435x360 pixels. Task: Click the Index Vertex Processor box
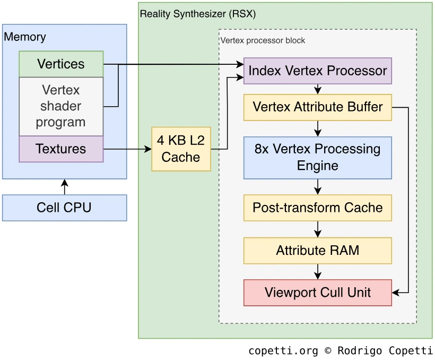[x=317, y=71]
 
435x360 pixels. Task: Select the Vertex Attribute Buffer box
[x=317, y=107]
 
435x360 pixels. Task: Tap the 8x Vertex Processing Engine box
[x=317, y=157]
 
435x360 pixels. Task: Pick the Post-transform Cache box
[x=317, y=207]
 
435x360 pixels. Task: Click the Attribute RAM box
[x=317, y=251]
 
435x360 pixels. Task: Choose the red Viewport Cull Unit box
[x=317, y=293]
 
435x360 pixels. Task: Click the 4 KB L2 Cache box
[x=181, y=149]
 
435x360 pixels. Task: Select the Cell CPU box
[x=64, y=208]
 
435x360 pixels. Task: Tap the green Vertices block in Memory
[x=61, y=64]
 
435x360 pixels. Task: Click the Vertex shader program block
[x=61, y=106]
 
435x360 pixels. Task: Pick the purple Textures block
[x=61, y=149]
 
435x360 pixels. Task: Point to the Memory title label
[x=25, y=37]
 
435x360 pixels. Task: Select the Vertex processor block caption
[x=263, y=40]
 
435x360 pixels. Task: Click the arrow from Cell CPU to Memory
[x=65, y=187]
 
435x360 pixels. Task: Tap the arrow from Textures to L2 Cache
[x=127, y=149]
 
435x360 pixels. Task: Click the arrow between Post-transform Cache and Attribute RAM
[x=318, y=229]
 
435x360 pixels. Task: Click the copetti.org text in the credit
[x=283, y=351]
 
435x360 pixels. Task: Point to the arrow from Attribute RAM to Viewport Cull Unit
[x=318, y=271]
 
